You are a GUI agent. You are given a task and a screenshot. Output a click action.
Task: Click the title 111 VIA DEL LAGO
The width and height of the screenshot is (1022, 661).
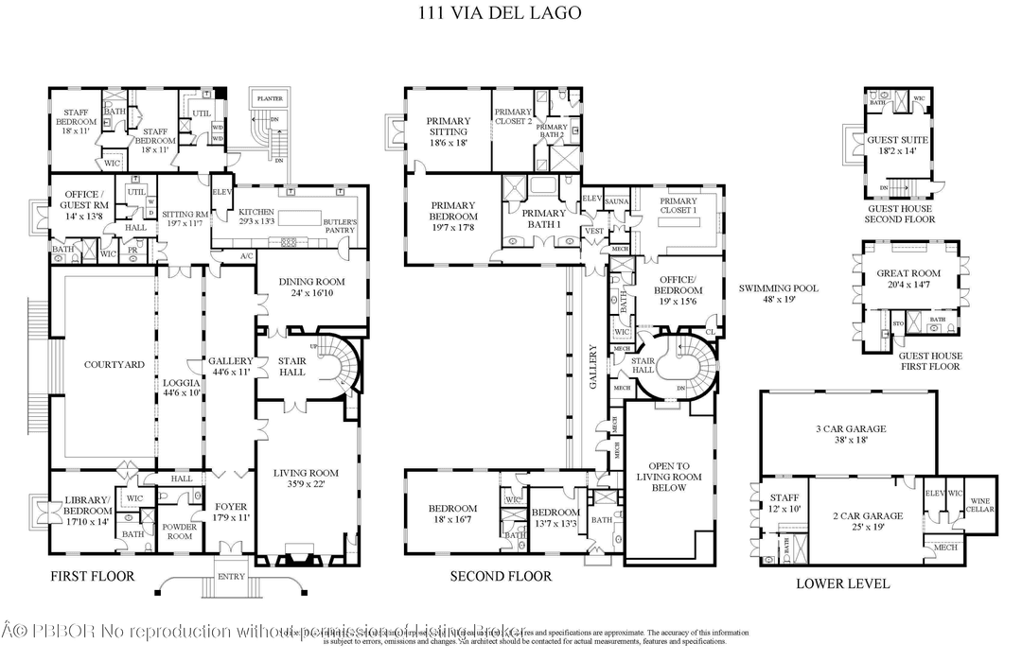point(500,13)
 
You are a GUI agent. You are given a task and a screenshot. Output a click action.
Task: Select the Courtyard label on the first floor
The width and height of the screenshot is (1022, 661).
point(114,364)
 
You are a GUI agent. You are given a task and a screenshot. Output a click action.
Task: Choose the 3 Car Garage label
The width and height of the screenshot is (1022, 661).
point(851,434)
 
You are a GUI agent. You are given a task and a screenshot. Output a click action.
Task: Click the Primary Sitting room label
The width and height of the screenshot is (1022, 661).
point(448,131)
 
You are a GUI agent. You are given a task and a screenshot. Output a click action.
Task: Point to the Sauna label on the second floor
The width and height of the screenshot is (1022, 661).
point(617,201)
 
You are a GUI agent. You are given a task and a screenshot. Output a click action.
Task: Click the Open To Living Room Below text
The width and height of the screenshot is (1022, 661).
point(669,477)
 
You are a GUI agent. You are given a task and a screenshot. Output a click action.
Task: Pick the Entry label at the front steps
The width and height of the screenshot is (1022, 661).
point(231,576)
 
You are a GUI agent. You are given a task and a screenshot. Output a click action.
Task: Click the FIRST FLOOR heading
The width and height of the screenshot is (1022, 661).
point(92,576)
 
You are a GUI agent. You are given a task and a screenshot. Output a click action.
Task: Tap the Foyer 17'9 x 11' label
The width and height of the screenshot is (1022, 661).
point(230,512)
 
